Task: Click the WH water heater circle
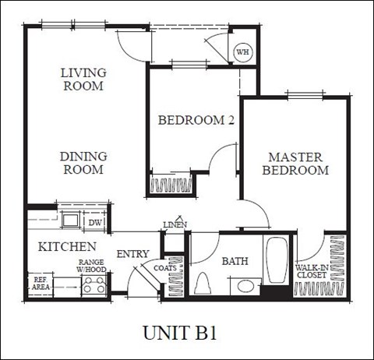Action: [x=243, y=52]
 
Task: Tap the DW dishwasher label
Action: [x=95, y=222]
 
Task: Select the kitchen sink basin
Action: [x=71, y=220]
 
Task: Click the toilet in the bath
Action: [x=203, y=284]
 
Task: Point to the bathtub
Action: [x=277, y=259]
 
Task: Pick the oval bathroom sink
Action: [x=245, y=286]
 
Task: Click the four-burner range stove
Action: [x=95, y=285]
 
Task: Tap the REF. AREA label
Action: [x=41, y=284]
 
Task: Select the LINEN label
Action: [x=175, y=224]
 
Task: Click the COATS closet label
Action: [x=165, y=268]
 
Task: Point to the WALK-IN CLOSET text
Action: [x=312, y=271]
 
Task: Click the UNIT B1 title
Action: [x=180, y=333]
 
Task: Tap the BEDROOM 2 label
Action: [x=196, y=120]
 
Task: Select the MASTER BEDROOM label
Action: [x=295, y=164]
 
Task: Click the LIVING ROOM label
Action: [x=83, y=79]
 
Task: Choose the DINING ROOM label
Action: [x=83, y=163]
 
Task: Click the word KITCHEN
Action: [x=67, y=247]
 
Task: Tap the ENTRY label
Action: [x=132, y=254]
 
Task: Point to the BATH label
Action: [x=235, y=261]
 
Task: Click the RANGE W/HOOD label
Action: [x=91, y=266]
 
